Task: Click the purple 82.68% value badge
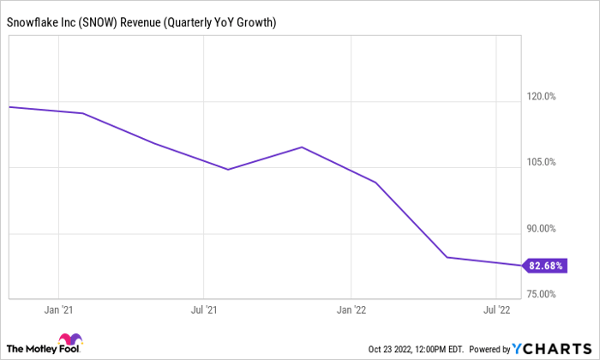pos(545,266)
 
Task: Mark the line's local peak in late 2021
pos(302,147)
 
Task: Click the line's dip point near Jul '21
pos(228,170)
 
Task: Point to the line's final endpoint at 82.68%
pos(520,266)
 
